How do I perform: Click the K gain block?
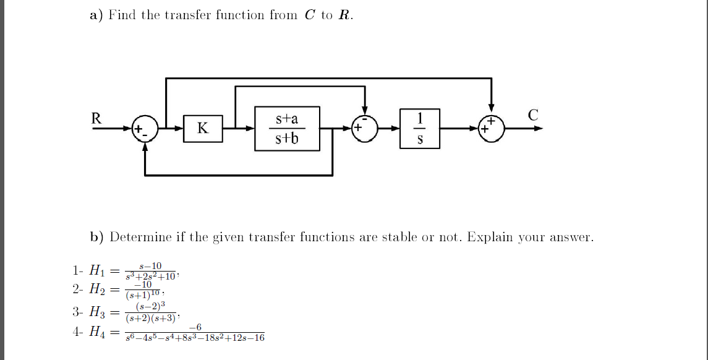202,129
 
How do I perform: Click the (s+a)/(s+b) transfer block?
287,128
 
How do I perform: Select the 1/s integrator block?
420,128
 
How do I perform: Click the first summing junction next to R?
145,129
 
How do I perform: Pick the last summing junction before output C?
492,129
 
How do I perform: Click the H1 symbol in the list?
98,270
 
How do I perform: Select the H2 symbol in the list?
98,289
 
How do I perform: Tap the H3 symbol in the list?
98,312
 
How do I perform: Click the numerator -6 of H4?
195,327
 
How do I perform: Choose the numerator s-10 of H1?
151,266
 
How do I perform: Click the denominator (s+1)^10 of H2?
143,294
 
